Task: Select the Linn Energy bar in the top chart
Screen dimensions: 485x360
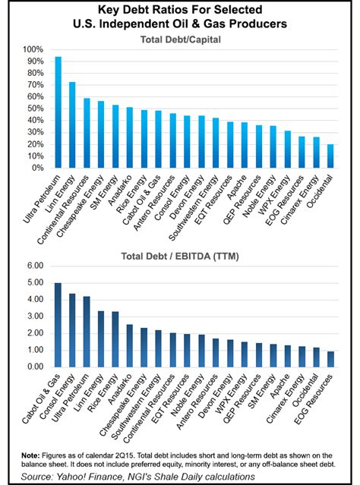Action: [x=73, y=124]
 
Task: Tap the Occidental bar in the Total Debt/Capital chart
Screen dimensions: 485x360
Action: [x=330, y=156]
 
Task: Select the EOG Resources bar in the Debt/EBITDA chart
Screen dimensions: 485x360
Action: [x=330, y=359]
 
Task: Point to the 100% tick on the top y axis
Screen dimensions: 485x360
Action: [x=34, y=49]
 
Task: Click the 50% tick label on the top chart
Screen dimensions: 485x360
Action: [x=36, y=109]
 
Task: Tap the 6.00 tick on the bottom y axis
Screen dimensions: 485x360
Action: [x=36, y=266]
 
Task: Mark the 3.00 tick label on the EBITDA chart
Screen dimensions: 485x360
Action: [x=36, y=317]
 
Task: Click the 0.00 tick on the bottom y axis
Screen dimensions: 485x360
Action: [x=36, y=367]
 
